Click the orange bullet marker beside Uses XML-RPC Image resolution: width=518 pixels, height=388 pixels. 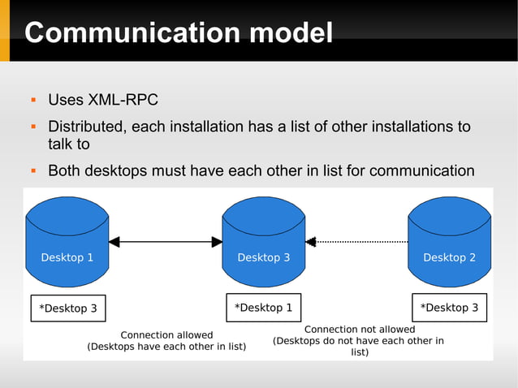click(x=32, y=101)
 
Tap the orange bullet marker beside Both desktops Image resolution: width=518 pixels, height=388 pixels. click(x=32, y=170)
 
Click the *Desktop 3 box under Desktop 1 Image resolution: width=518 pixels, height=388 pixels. click(x=68, y=308)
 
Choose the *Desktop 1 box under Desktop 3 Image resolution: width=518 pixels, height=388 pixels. click(x=263, y=308)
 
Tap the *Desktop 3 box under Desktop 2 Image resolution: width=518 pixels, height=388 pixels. click(x=449, y=308)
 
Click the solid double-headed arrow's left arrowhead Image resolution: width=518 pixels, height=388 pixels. click(x=114, y=241)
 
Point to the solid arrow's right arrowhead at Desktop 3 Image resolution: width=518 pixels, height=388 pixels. click(x=217, y=241)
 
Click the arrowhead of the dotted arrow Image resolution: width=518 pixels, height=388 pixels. click(x=311, y=241)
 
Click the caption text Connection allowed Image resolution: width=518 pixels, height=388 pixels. click(x=166, y=334)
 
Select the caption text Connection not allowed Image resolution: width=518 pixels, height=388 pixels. click(x=359, y=330)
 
